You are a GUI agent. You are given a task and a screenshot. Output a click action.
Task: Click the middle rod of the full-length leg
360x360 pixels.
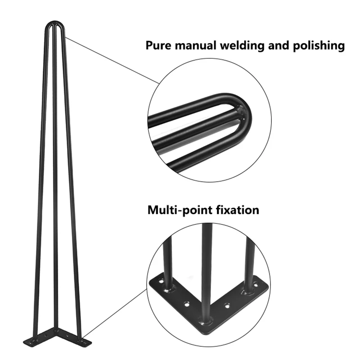point(55,180)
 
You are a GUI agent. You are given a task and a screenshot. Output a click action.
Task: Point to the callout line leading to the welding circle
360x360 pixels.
point(112,61)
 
